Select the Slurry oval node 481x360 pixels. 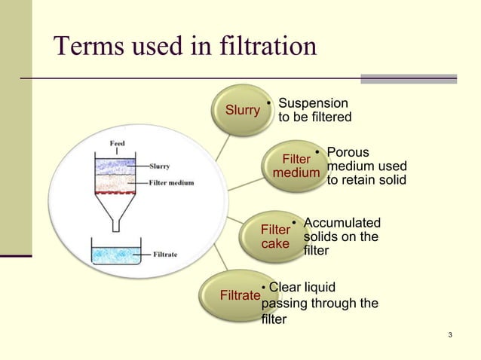pos(243,110)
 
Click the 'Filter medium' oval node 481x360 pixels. pos(296,166)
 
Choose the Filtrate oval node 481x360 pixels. pos(238,295)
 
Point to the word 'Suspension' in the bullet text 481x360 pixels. pos(313,103)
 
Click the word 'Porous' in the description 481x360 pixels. pos(348,153)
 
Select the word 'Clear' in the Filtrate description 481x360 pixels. pos(286,287)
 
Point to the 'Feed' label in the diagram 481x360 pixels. pos(118,142)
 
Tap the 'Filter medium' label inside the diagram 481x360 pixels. pos(174,182)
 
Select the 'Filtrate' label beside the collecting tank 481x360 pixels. pos(165,255)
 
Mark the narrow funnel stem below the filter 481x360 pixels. pos(116,222)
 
